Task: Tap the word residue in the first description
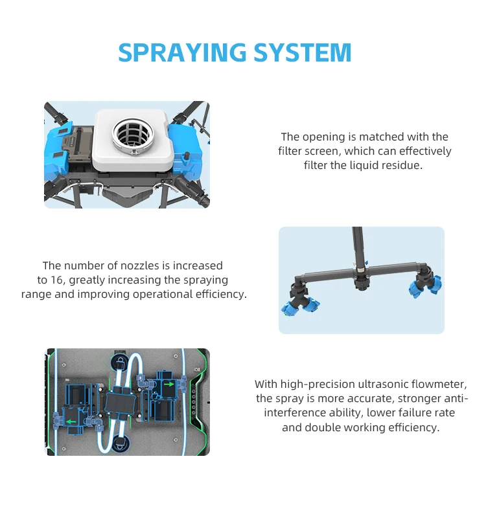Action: coord(405,165)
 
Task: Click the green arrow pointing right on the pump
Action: coord(168,383)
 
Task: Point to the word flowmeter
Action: coord(434,384)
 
